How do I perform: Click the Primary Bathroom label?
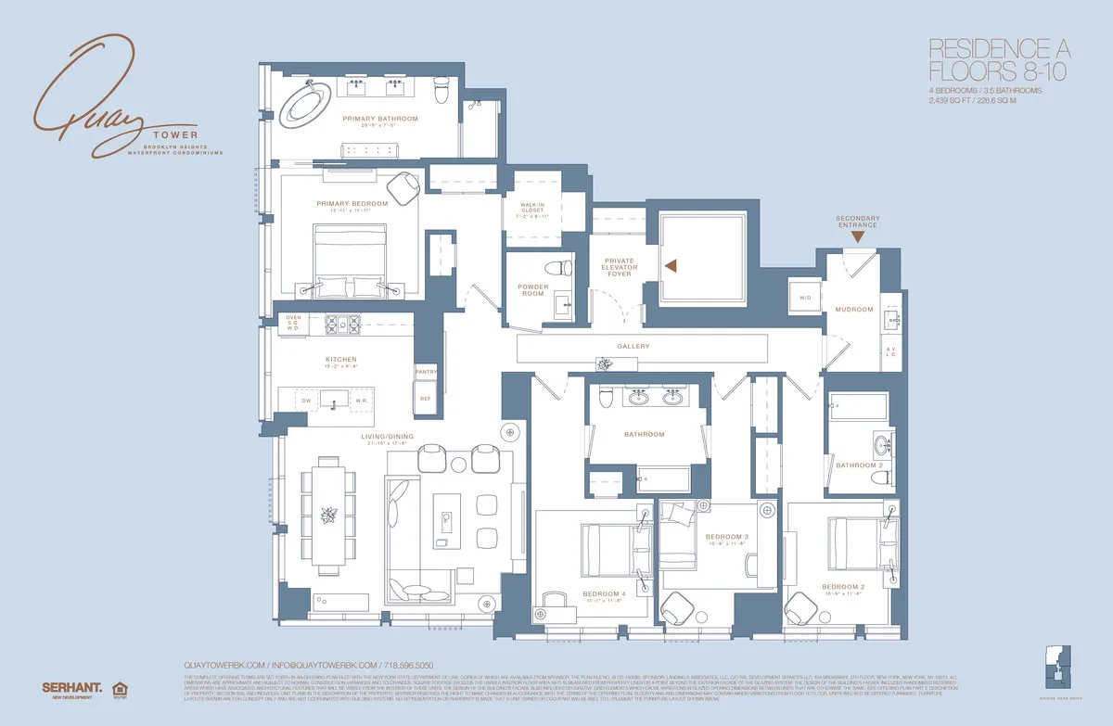pyautogui.click(x=380, y=119)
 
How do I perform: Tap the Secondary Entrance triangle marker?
pyautogui.click(x=858, y=237)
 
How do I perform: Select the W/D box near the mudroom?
pyautogui.click(x=805, y=297)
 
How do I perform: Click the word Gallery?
pyautogui.click(x=633, y=347)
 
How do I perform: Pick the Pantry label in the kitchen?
pyautogui.click(x=426, y=371)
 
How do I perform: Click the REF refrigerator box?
pyautogui.click(x=426, y=399)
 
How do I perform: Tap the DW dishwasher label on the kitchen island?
pyautogui.click(x=305, y=401)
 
